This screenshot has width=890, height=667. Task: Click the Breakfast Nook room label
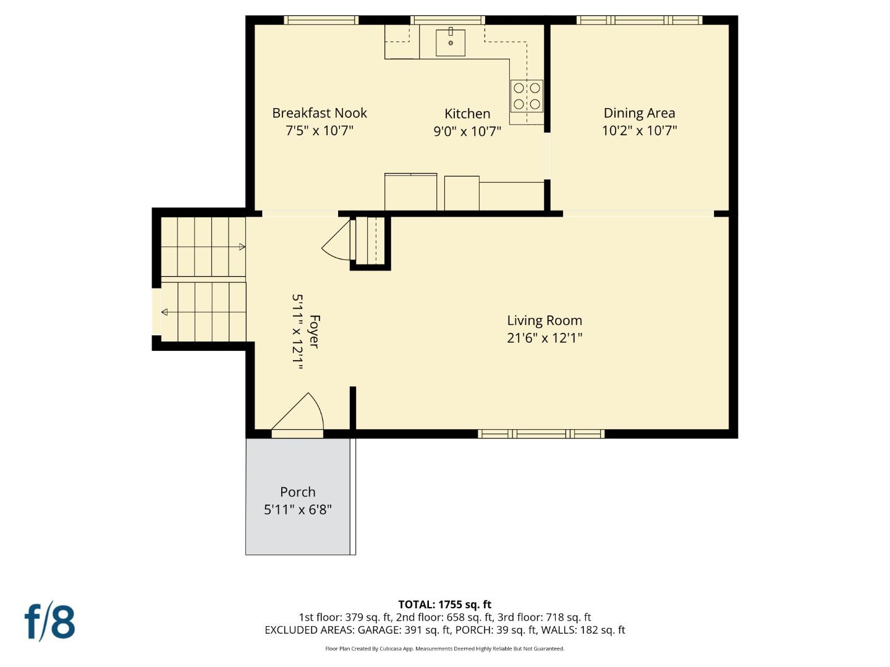point(320,113)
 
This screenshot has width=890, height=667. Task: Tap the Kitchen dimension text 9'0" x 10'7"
point(467,131)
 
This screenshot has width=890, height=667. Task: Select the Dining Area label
point(639,113)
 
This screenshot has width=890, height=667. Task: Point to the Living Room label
point(545,321)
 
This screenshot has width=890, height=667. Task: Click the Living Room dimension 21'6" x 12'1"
point(545,338)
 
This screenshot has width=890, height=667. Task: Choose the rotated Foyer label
point(314,332)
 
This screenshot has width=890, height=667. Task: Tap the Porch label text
point(298,492)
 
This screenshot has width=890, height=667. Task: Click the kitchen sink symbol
point(451,43)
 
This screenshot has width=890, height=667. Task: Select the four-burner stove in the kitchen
point(527,96)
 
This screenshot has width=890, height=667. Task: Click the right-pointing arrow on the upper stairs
point(242,247)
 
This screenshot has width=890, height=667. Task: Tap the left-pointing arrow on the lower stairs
point(164,313)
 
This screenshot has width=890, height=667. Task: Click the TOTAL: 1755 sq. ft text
point(444,605)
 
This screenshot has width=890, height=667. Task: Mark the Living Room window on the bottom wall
point(541,434)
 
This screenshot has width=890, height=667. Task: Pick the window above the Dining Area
point(639,20)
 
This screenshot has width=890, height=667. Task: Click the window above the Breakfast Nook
point(321,20)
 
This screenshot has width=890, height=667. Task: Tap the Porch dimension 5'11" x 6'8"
point(298,510)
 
